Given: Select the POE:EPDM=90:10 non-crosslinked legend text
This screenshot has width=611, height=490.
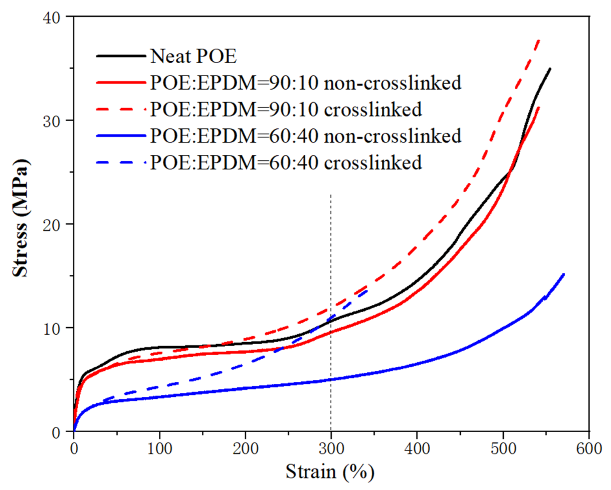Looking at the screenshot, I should pyautogui.click(x=305, y=83).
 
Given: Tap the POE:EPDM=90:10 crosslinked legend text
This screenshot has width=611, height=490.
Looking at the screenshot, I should pyautogui.click(x=286, y=109).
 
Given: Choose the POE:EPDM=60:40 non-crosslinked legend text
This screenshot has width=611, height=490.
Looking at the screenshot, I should pyautogui.click(x=305, y=136).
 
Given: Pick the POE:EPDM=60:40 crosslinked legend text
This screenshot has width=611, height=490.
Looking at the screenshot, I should pyautogui.click(x=286, y=162).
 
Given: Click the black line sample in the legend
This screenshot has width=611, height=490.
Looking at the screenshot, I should pyautogui.click(x=121, y=56).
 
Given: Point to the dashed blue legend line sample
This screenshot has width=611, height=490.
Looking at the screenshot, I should pyautogui.click(x=121, y=163).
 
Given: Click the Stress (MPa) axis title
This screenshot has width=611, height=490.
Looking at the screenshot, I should pyautogui.click(x=20, y=218).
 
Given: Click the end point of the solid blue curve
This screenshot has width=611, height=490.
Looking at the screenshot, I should pyautogui.click(x=564, y=274).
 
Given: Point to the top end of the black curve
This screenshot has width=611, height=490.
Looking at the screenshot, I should pyautogui.click(x=550, y=69).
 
